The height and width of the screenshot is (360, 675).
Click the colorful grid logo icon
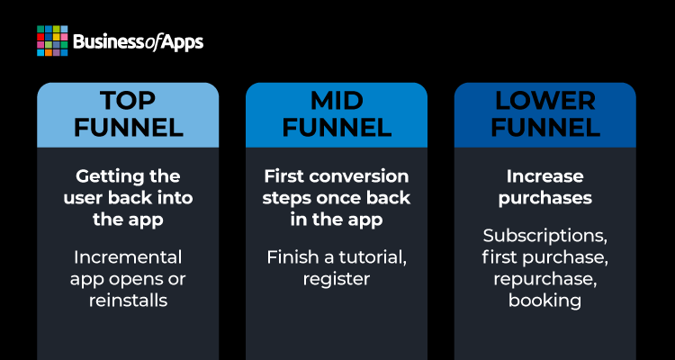pos(52,40)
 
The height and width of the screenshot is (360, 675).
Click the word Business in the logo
pos(108,42)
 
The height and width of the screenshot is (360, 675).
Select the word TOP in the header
pos(128,101)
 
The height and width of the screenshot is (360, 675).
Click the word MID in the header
pos(337,101)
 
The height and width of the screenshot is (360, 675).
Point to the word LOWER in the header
pos(545,101)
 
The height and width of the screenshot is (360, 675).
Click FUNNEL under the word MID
pos(337,128)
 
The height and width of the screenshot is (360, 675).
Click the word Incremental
pos(128,257)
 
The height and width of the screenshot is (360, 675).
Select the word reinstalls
pos(128,300)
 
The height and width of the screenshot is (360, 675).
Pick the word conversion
pos(358,176)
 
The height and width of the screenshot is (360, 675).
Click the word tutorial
pos(373,258)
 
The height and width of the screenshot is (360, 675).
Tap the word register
pos(337,280)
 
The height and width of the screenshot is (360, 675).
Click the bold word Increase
pos(545,176)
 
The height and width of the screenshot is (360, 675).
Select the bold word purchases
pos(545,199)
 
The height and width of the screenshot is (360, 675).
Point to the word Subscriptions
pos(545,237)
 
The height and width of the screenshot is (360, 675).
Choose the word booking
pos(545,301)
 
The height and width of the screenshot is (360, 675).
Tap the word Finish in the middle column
pos(287,257)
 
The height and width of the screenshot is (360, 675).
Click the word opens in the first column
pos(136,280)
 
